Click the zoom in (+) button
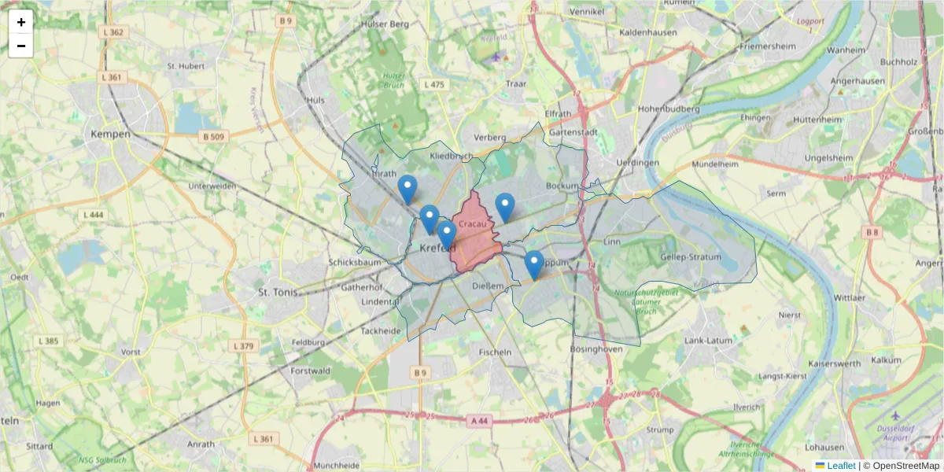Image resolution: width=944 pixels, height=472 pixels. [20, 22]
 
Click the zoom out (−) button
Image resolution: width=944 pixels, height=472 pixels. [20, 46]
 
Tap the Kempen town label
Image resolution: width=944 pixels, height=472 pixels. [109, 135]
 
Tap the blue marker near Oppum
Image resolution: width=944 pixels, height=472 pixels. [534, 264]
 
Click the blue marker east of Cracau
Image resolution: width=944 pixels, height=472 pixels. [505, 207]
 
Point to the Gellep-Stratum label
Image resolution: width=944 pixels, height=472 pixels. [691, 257]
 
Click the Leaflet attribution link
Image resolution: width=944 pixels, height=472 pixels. [840, 466]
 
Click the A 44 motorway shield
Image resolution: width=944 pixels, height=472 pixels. [478, 422]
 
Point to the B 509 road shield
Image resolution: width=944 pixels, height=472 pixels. [213, 137]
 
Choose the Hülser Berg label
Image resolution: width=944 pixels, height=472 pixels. [384, 24]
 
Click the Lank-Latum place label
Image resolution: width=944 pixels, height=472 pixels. [708, 340]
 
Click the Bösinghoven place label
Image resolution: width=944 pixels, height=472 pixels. [596, 348]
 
